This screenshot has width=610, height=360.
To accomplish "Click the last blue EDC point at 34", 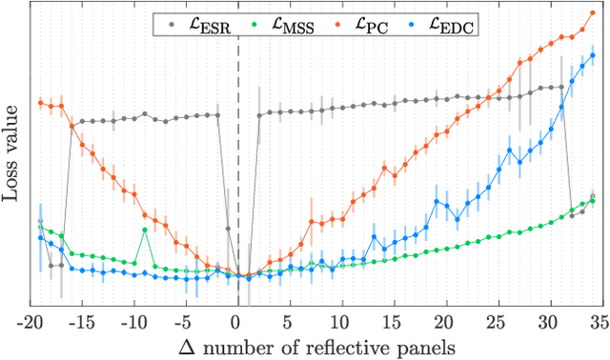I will (592, 55).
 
